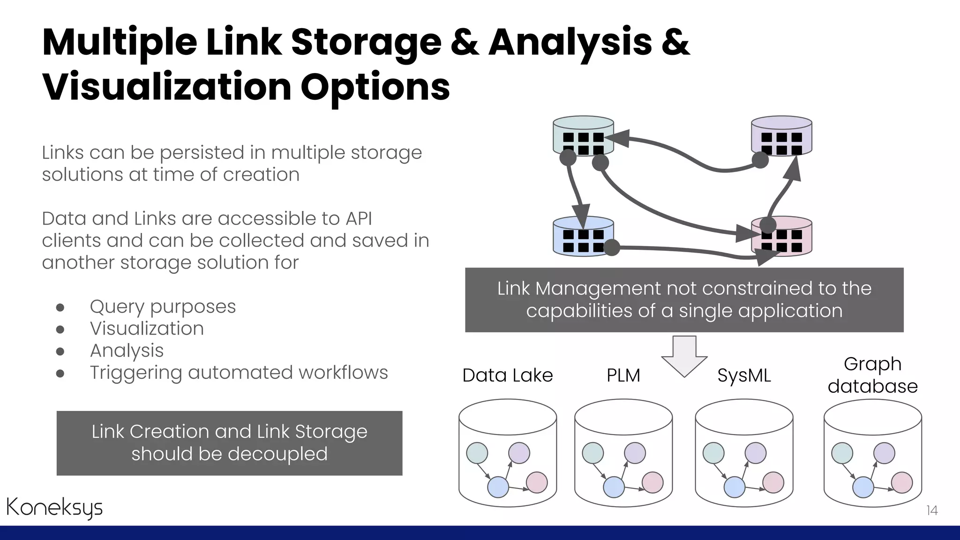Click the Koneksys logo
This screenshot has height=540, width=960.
[x=54, y=508]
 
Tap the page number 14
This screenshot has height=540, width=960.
[x=932, y=510]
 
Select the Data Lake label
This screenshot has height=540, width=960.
[x=508, y=375]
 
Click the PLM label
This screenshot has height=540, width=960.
[x=623, y=375]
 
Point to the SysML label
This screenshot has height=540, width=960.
[x=744, y=375]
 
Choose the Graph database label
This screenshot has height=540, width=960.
[x=872, y=375]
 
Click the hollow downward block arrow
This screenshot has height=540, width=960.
[x=684, y=356]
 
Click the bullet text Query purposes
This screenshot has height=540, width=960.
[x=163, y=307]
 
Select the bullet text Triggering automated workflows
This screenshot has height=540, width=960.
[x=239, y=373]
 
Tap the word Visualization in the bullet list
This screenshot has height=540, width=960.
[x=147, y=329]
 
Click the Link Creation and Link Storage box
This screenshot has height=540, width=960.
[x=229, y=443]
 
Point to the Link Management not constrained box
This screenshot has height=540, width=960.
[x=684, y=300]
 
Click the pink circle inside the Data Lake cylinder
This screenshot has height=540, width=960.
[x=537, y=482]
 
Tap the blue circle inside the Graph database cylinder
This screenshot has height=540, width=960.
[x=862, y=487]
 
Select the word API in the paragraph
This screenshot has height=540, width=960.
[x=359, y=218]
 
